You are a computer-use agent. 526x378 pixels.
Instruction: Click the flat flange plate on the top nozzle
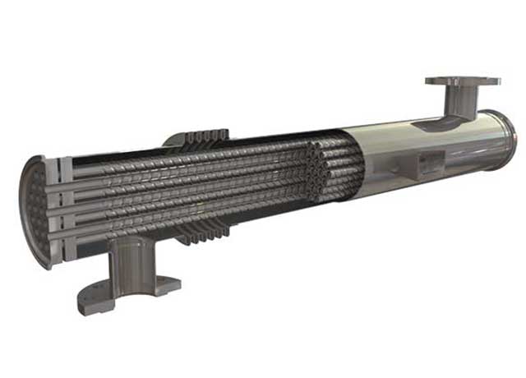(x=462, y=81)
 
